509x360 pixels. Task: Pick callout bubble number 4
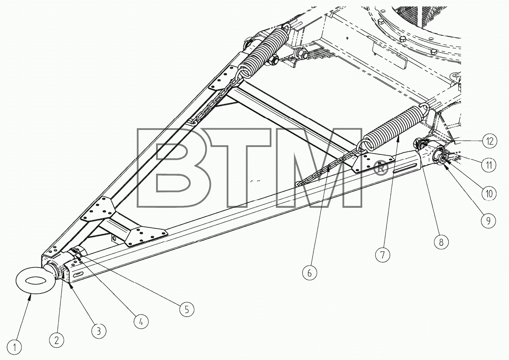click(141, 321)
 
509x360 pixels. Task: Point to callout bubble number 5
click(187, 309)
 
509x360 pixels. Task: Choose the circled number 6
click(310, 273)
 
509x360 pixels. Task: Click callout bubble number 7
click(382, 255)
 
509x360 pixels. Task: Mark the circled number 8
click(441, 242)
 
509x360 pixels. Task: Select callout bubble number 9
click(489, 220)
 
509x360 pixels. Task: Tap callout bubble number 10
click(489, 194)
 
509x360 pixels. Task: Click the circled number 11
click(489, 165)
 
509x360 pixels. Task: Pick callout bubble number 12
click(490, 141)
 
